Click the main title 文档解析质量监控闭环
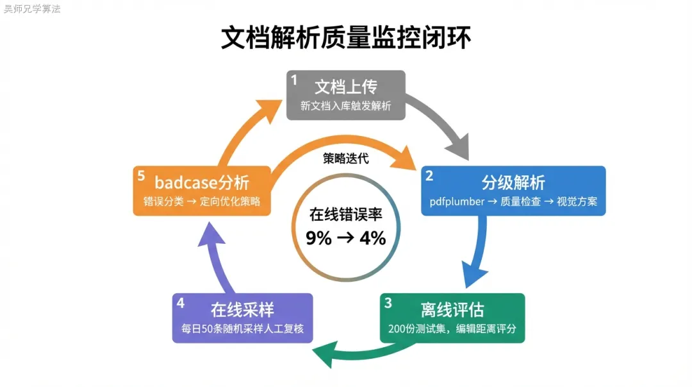pos(346,38)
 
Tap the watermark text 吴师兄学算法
pos(32,9)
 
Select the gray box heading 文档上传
pos(346,87)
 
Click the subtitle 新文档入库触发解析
pos(346,106)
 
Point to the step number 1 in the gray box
pos(294,80)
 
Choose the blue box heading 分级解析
pos(513,183)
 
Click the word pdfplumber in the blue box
pos(457,202)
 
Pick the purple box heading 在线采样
pos(243,311)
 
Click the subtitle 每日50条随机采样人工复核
pos(243,330)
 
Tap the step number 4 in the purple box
pos(181,302)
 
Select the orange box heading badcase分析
pos(202,182)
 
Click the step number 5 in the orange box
pos(140,175)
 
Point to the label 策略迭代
pos(346,159)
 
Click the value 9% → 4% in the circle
pos(346,238)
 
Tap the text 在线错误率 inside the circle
pos(346,214)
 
